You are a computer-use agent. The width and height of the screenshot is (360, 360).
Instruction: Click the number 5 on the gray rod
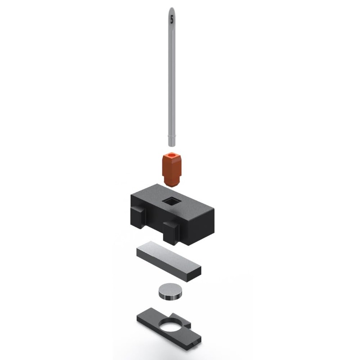pyautogui.click(x=171, y=19)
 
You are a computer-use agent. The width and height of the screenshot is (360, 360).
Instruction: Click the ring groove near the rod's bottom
pyautogui.click(x=171, y=134)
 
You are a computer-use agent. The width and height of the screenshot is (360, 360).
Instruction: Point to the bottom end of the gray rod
pyautogui.click(x=171, y=144)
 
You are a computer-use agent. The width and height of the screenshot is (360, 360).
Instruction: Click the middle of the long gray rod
pyautogui.click(x=171, y=76)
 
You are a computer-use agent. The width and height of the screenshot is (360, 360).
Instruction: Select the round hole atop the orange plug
pyautogui.click(x=171, y=157)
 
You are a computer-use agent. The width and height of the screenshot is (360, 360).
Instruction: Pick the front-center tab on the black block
pyautogui.click(x=171, y=232)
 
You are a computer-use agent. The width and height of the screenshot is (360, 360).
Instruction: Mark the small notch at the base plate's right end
pyautogui.click(x=194, y=344)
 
